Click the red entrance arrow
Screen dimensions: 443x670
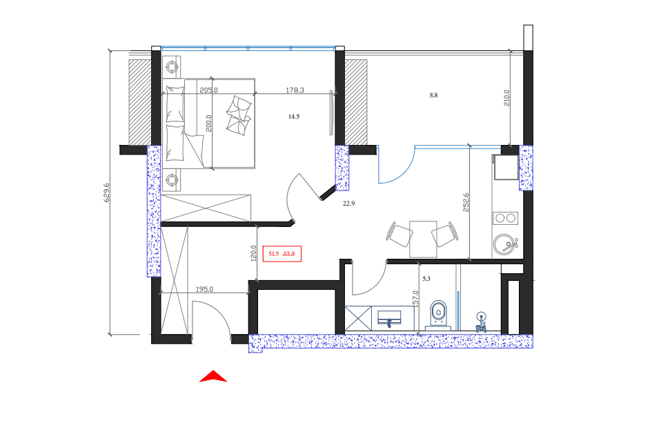213,377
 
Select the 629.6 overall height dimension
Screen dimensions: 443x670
107,193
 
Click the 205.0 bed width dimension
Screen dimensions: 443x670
208,90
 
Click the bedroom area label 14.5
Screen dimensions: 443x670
294,117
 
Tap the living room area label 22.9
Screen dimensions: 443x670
348,204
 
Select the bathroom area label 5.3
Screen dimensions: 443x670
426,279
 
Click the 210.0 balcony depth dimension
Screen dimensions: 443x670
506,99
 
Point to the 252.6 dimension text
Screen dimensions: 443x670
466,202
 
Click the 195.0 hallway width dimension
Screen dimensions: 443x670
204,290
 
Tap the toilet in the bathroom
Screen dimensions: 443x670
437,314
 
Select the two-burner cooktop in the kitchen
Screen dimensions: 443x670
505,218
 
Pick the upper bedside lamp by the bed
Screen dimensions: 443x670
172,67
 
